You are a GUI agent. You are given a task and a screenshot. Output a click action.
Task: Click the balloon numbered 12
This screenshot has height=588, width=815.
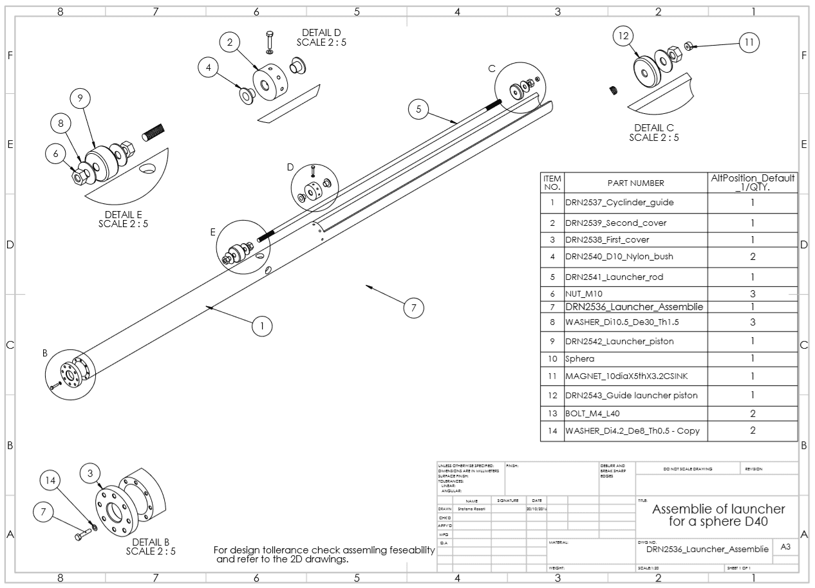[623, 37]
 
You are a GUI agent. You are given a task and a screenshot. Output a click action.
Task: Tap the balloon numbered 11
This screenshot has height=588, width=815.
[749, 43]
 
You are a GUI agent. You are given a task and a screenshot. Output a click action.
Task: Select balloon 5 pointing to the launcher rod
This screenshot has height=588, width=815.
[418, 109]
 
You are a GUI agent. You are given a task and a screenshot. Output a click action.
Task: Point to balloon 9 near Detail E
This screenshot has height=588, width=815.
[80, 98]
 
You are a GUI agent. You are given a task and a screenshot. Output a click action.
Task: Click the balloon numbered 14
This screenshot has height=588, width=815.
[51, 480]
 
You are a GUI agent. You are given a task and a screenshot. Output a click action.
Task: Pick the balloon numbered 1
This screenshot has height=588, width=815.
[261, 326]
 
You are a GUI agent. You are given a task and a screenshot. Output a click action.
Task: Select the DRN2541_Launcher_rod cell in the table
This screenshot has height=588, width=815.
[614, 277]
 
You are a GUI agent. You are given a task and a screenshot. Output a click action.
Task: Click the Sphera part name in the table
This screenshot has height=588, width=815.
[580, 358]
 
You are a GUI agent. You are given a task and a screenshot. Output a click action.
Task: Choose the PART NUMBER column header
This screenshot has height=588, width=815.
[635, 183]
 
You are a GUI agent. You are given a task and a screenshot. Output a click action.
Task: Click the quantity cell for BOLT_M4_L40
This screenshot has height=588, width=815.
[753, 414]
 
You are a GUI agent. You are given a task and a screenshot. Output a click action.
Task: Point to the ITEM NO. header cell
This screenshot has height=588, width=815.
[552, 183]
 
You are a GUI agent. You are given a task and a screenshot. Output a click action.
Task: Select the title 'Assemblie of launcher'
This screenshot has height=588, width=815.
[718, 509]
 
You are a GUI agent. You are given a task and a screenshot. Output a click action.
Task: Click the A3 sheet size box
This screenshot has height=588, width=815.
[785, 547]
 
